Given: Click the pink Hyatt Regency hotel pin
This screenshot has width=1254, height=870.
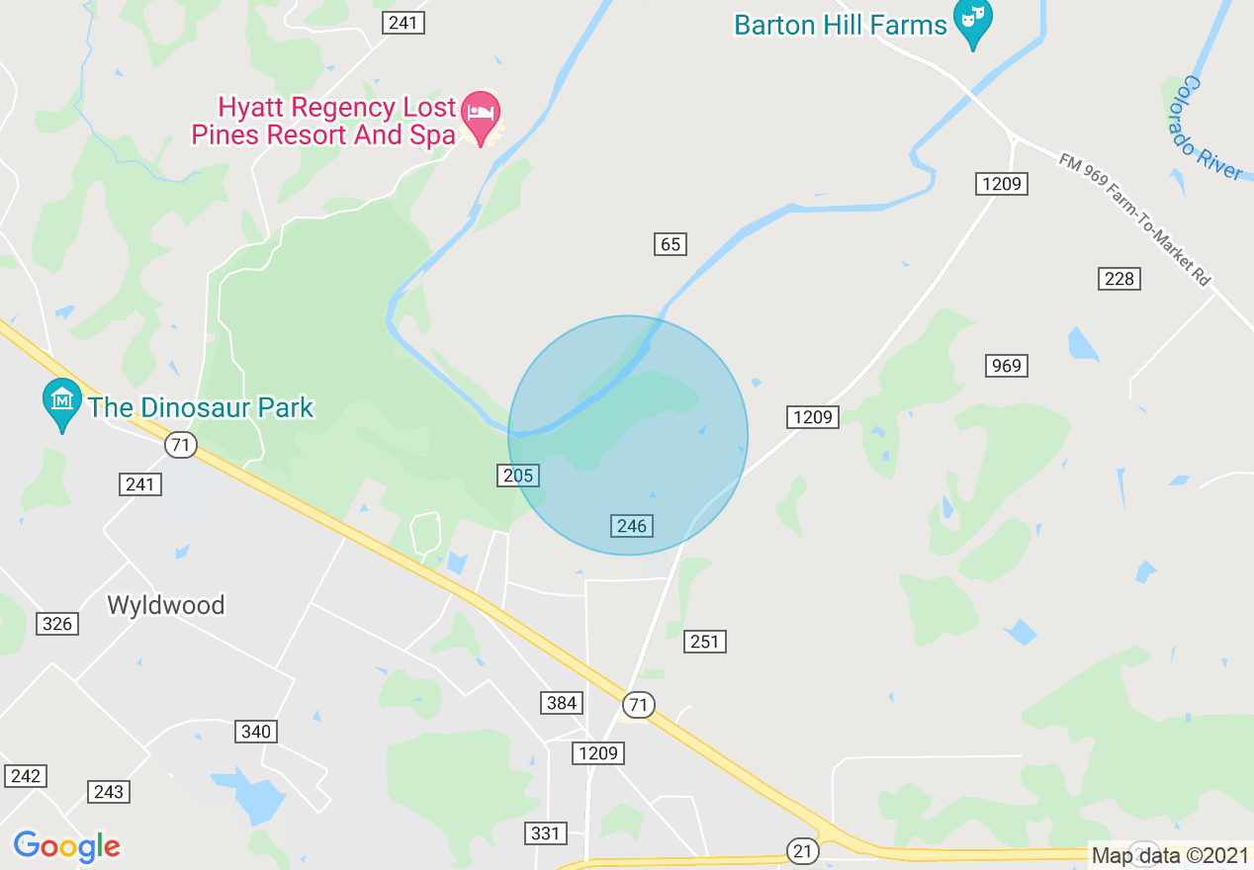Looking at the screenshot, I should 482,117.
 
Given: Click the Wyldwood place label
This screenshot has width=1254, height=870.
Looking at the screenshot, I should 166,605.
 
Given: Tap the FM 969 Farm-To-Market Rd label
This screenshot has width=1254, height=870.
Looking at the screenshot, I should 1134,219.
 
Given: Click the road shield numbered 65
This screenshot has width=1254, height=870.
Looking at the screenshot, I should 671,243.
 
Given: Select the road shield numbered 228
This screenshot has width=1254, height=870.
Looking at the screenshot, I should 1119,279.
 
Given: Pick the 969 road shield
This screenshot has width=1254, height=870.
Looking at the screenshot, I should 1006,366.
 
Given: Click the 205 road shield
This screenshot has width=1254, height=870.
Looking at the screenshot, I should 517,476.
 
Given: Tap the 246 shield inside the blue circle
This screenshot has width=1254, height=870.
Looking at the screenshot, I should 631,526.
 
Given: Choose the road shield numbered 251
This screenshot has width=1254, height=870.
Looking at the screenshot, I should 704,642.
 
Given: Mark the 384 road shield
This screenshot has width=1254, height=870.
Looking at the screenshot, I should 562,703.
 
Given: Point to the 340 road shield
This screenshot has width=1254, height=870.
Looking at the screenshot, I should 256,732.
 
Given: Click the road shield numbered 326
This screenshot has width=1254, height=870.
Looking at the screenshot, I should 57,623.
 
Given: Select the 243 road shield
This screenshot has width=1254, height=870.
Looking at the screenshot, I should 109,791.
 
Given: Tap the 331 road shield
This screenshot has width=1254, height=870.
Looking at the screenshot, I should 545,832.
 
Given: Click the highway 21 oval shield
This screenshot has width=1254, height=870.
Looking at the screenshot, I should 802,849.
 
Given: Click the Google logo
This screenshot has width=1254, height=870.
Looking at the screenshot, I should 66,846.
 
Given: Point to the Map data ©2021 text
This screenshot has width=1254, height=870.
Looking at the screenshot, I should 1169,854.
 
